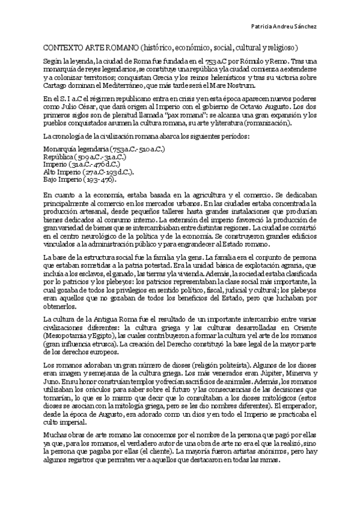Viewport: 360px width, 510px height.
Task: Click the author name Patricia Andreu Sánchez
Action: [299, 26]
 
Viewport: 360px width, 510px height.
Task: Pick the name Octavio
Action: [243, 106]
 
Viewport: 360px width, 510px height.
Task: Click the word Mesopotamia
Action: [64, 336]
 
